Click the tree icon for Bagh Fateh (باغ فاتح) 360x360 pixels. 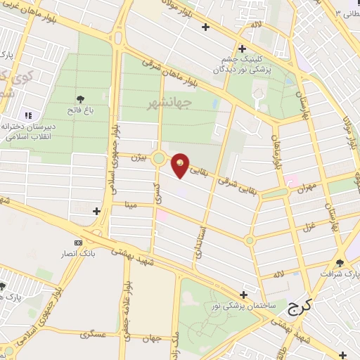(x=79, y=98)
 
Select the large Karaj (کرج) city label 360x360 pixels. (x=301, y=308)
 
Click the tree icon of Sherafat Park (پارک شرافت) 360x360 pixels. (x=341, y=262)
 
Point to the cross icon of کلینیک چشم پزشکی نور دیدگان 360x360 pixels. (x=242, y=49)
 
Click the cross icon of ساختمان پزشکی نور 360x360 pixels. (x=243, y=295)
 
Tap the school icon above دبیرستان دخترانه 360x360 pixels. (x=29, y=115)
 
